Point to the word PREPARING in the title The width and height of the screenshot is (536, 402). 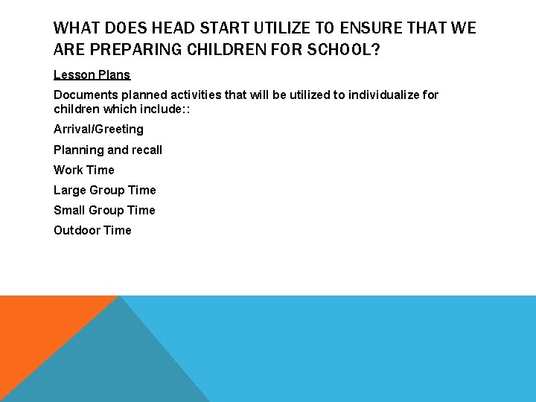click(136, 49)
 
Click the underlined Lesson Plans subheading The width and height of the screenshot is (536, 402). click(92, 74)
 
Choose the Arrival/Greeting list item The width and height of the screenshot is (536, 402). click(98, 130)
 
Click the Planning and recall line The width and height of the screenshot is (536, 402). click(107, 150)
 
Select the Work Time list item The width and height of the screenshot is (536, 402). click(83, 170)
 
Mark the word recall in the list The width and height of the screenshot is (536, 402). click(144, 150)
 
